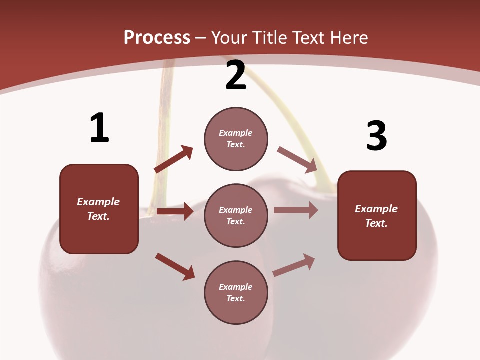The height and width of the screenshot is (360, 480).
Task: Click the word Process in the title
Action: [x=157, y=38]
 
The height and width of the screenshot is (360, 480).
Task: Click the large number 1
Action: [x=99, y=128]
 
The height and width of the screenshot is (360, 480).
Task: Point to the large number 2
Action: [x=236, y=76]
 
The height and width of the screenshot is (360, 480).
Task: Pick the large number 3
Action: [x=377, y=136]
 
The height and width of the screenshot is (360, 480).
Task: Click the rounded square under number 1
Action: [x=99, y=209]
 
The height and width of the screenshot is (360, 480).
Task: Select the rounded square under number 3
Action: [x=377, y=215]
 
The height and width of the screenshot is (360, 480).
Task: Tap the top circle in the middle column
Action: [x=236, y=139]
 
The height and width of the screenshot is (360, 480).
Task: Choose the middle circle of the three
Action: [x=236, y=215]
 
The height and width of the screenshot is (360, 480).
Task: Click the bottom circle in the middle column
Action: [x=236, y=292]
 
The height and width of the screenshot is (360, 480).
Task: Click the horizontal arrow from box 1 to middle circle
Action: [x=175, y=211]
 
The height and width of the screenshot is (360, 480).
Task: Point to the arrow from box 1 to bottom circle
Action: [x=175, y=266]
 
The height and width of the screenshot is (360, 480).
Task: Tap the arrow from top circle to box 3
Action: [x=297, y=158]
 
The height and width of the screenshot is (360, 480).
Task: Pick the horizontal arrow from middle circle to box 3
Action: [x=296, y=210]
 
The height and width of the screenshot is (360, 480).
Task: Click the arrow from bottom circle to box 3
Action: [x=294, y=265]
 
